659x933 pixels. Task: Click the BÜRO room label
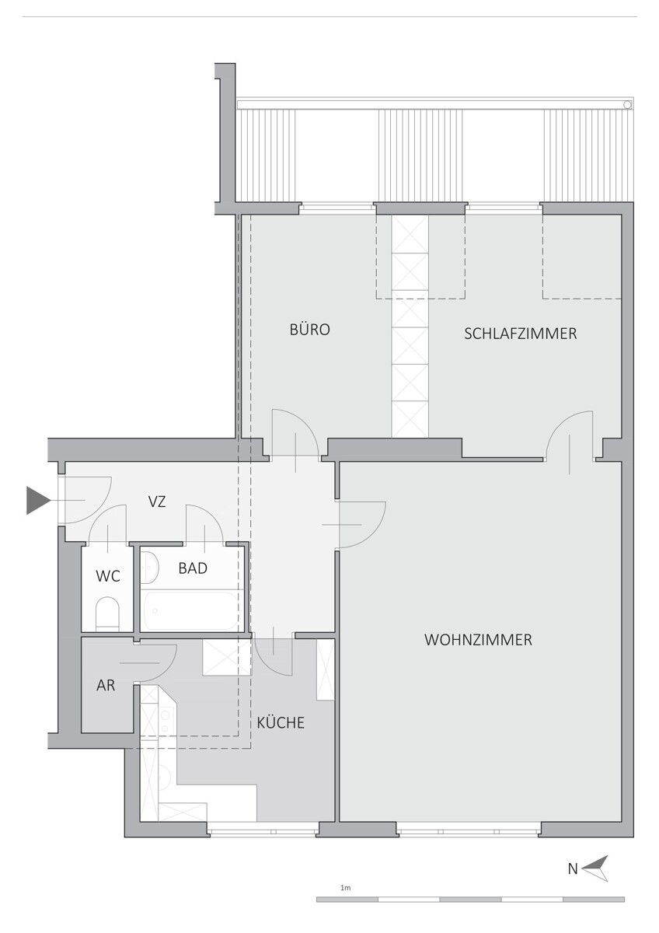tap(309, 330)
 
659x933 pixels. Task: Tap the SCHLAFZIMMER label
tap(520, 334)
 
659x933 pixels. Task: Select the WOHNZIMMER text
tap(478, 640)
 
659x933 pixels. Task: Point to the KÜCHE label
tap(281, 723)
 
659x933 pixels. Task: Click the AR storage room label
tap(106, 686)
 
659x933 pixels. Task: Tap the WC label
tap(108, 576)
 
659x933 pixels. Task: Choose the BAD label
tap(193, 568)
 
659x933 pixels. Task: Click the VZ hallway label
tap(158, 502)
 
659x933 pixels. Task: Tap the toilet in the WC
tap(107, 613)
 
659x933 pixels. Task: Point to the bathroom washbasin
tap(150, 568)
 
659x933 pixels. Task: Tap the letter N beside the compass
tap(573, 869)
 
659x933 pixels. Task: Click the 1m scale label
tap(346, 887)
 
